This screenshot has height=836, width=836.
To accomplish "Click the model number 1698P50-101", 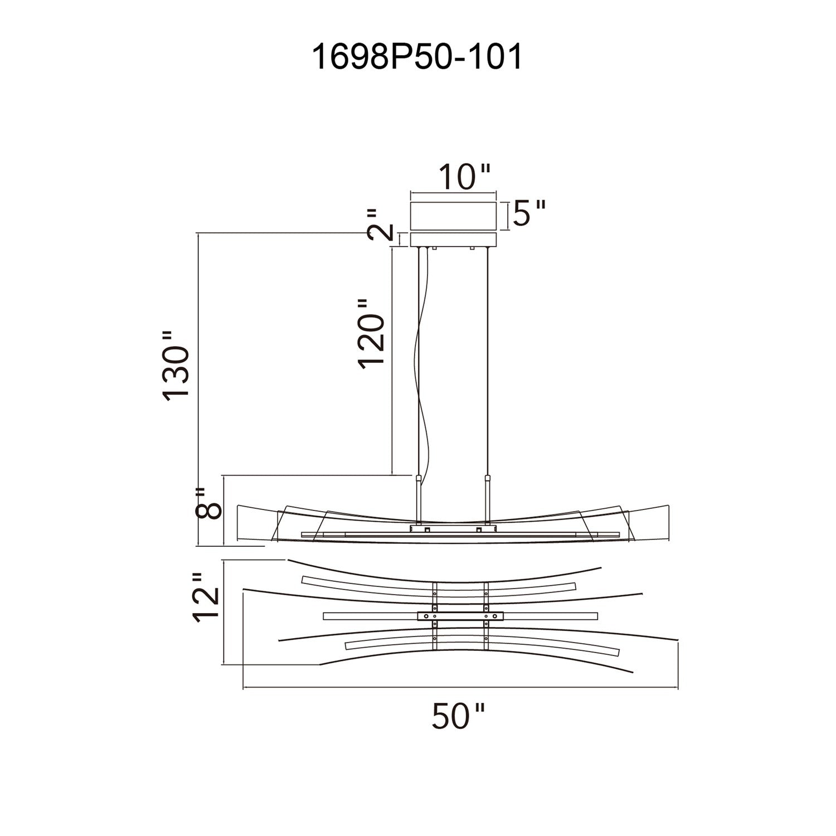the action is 417,57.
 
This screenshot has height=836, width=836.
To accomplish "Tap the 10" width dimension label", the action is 465,177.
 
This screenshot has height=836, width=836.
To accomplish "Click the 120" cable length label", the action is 371,333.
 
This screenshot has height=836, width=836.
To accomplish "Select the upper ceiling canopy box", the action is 453,216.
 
